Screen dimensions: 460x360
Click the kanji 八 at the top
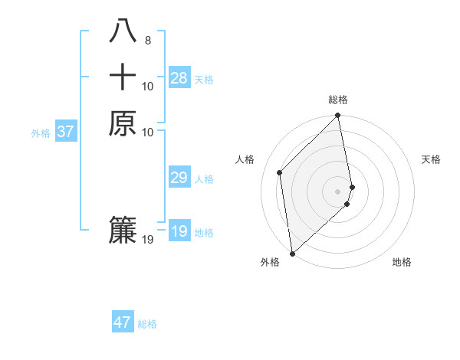123,31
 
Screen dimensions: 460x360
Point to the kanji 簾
123,231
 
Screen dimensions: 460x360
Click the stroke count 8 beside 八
148,41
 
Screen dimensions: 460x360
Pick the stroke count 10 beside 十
148,87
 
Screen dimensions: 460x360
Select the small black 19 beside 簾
148,240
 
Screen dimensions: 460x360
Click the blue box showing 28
179,78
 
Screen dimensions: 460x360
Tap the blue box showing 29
179,178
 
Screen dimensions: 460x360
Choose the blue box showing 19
179,231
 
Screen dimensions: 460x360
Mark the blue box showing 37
65,132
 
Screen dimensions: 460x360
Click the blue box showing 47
123,322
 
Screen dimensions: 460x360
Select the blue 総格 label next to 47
147,324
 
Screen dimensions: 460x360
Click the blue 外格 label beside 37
41,133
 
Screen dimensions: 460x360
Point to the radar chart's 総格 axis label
338,100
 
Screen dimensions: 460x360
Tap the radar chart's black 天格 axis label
431,159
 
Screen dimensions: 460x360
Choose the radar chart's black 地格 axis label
402,262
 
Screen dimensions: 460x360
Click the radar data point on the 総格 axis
338,116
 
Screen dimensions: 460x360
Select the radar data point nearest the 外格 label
292,253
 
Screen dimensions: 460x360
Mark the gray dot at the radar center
338,191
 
